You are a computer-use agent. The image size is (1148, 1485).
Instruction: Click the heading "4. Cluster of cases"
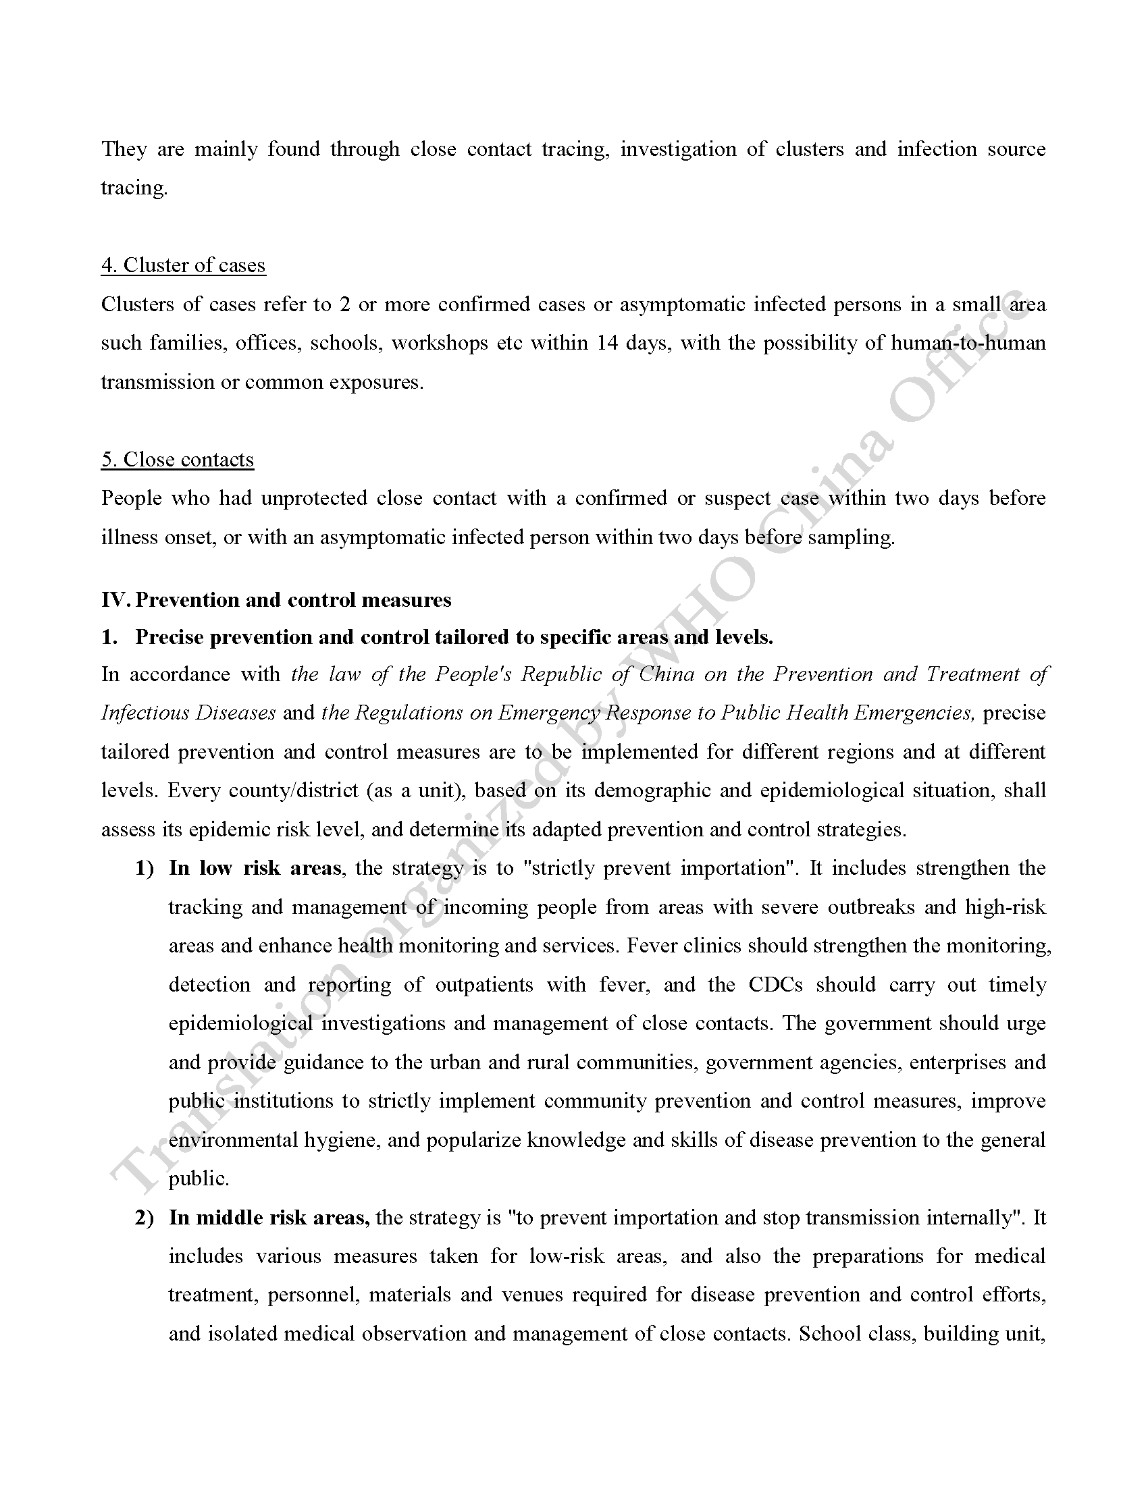coord(183,265)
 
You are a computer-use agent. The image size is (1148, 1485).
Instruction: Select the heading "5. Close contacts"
coord(178,459)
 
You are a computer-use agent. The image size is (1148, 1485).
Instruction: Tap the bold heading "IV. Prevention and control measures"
coord(276,599)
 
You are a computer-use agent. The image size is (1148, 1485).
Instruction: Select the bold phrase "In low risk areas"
coord(255,868)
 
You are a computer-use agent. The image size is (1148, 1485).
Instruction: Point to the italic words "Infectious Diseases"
coord(188,713)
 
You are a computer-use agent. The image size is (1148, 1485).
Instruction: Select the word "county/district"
coord(293,790)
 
